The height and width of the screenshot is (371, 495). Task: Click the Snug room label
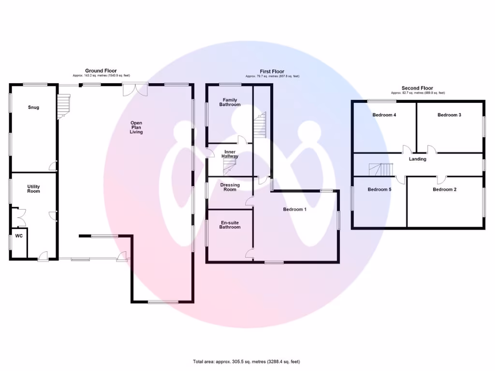coord(33,107)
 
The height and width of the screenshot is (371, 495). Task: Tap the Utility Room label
coord(33,189)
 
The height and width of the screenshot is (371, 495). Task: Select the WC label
coord(19,236)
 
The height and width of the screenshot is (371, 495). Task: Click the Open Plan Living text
coord(136,127)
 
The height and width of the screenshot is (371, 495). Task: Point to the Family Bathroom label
coord(230,102)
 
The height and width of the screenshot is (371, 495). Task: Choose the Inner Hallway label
coord(230,154)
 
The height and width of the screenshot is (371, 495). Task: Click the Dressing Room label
coord(230,187)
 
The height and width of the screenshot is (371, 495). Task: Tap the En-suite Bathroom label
coord(230,225)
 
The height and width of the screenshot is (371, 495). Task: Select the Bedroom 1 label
coord(295,209)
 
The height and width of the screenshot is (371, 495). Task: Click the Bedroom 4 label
coord(384,115)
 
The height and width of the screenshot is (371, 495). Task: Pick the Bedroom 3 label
coord(450,115)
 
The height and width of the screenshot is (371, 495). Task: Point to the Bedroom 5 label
coord(379,189)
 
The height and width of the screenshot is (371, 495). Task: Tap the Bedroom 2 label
coord(445,189)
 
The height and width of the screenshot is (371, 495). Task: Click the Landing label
coord(418,159)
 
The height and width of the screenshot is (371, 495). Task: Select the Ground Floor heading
coord(101,71)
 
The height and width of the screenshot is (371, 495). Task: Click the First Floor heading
coord(272,71)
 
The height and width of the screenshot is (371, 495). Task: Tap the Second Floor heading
coord(418,88)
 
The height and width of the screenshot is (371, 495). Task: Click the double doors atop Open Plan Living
coord(135,89)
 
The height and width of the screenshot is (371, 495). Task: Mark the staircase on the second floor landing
coord(382,170)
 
